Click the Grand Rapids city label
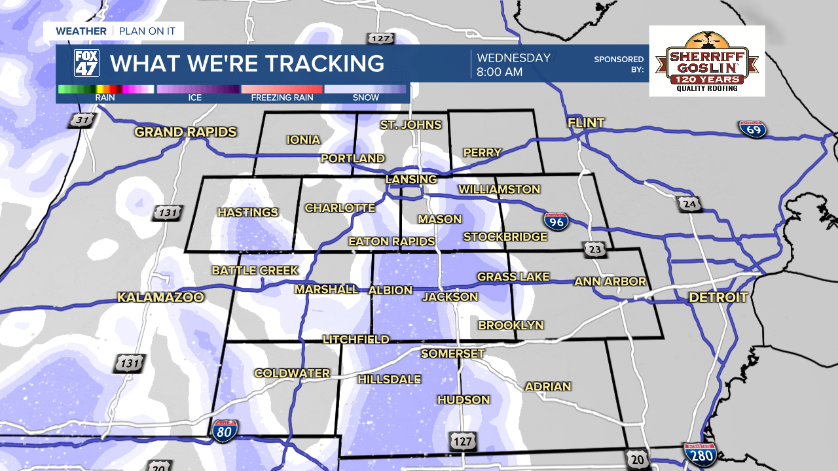(185, 132)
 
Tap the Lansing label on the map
(410, 179)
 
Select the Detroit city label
(718, 298)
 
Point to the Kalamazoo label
(160, 298)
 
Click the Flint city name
(586, 123)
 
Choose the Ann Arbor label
(610, 282)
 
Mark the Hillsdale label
(389, 379)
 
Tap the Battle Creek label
(255, 270)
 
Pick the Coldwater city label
(292, 374)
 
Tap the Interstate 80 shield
(225, 430)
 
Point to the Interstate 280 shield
(700, 453)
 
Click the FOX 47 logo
(86, 63)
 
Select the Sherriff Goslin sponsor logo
(706, 61)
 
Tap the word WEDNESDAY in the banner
(513, 58)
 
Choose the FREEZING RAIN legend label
(282, 97)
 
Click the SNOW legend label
(365, 97)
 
